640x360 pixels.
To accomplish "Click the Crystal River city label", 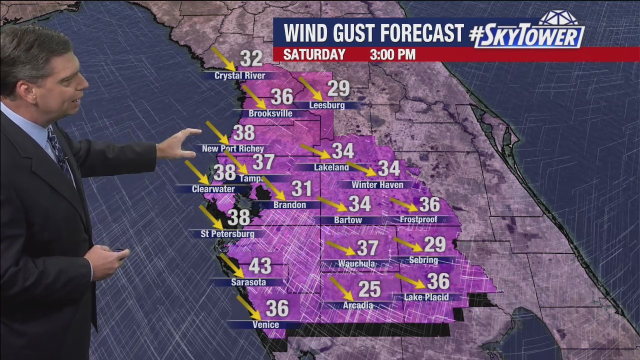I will (239, 76).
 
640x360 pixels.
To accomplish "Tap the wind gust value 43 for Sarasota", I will (260, 266).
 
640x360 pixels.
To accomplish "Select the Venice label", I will (265, 325).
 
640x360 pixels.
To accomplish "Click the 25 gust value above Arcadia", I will (369, 289).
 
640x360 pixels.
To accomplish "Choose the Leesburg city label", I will (327, 105).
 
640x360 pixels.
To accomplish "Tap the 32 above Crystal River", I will (251, 59).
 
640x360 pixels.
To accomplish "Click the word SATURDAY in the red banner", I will (314, 54).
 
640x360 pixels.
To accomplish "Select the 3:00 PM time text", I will (392, 54).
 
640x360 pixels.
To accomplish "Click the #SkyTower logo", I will (527, 33).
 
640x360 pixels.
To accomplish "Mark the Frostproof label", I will (418, 219).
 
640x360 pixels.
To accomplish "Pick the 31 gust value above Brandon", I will (302, 189).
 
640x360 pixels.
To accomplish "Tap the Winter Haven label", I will (377, 185).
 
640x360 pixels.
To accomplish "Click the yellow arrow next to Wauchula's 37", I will (341, 247).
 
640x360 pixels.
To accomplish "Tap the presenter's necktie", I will (59, 150).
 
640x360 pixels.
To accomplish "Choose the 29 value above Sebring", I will (434, 244).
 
